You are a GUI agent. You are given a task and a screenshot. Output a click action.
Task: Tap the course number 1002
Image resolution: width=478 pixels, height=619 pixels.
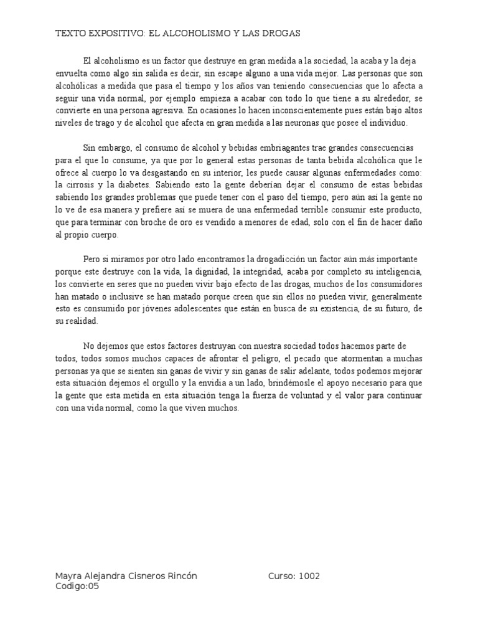coord(309,576)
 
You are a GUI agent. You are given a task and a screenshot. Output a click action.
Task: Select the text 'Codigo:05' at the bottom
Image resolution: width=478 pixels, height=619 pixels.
coord(77,586)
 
